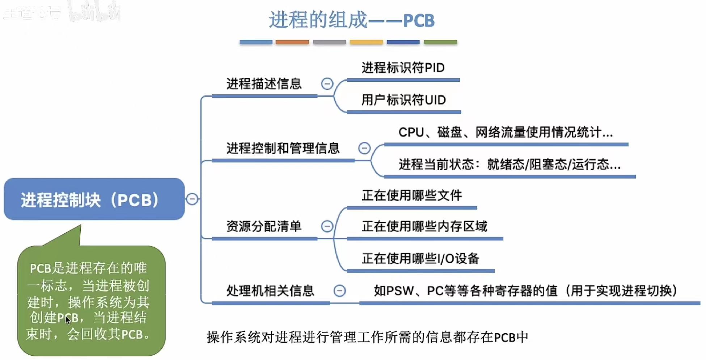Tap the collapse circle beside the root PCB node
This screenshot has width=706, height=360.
coord(192,199)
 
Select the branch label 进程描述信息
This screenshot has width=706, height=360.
coord(264,84)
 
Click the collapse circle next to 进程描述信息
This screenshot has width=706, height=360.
coord(327,84)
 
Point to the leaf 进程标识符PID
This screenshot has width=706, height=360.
coord(403,68)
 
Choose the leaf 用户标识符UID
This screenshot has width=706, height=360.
coord(403,100)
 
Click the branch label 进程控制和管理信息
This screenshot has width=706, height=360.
coord(283,148)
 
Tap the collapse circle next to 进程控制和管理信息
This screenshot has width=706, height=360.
coord(364,148)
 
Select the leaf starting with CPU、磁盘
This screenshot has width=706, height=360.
coord(506,132)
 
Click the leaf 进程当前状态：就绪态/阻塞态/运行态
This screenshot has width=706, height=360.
coord(510,165)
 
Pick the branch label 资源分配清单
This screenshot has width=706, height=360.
coord(264,226)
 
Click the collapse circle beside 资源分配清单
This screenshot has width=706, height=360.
coord(327,226)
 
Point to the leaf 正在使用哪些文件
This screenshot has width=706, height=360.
coord(412,196)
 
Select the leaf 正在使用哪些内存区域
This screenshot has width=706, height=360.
coord(424,226)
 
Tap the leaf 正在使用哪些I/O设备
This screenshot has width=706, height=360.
coord(420,259)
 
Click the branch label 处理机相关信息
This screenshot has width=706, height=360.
coord(270,291)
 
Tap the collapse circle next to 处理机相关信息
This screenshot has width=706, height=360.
coord(339,291)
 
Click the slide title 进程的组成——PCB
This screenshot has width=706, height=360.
coord(351,20)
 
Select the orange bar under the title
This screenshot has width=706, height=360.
coord(292,42)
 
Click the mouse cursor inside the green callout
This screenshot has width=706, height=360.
coord(68,320)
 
